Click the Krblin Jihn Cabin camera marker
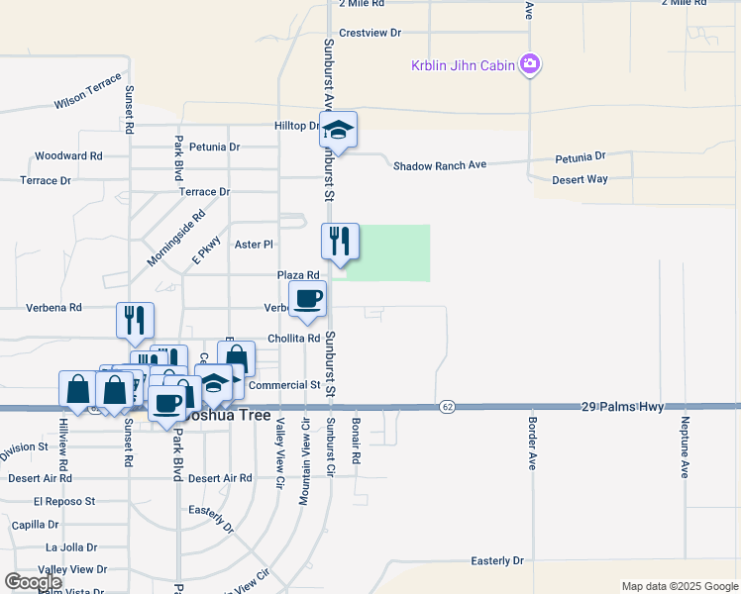pyautogui.click(x=531, y=64)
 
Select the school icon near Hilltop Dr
pyautogui.click(x=338, y=131)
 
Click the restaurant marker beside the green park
pyautogui.click(x=340, y=242)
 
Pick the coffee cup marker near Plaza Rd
pyautogui.click(x=307, y=299)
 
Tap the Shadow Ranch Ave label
pyautogui.click(x=440, y=165)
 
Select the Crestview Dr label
pyautogui.click(x=370, y=33)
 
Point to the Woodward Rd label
pyautogui.click(x=68, y=156)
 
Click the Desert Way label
pyautogui.click(x=580, y=179)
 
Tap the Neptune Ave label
pyautogui.click(x=684, y=446)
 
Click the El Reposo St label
pyautogui.click(x=63, y=502)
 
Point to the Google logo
pyautogui.click(x=34, y=582)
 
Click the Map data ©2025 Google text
pyautogui.click(x=679, y=586)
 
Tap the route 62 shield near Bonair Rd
pyautogui.click(x=448, y=407)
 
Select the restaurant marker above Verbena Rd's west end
pyautogui.click(x=135, y=320)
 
